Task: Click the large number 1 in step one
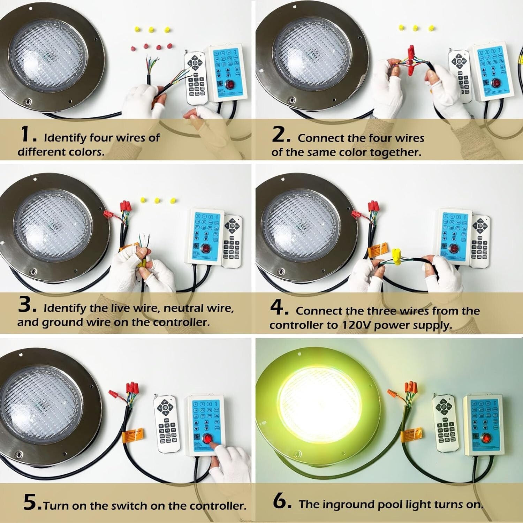pyautogui.click(x=26, y=135)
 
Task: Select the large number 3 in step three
pyautogui.click(x=26, y=305)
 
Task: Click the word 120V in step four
pyautogui.click(x=355, y=325)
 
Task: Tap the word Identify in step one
pyautogui.click(x=65, y=138)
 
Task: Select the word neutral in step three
pyautogui.click(x=183, y=308)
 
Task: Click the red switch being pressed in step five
pyautogui.click(x=208, y=439)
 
